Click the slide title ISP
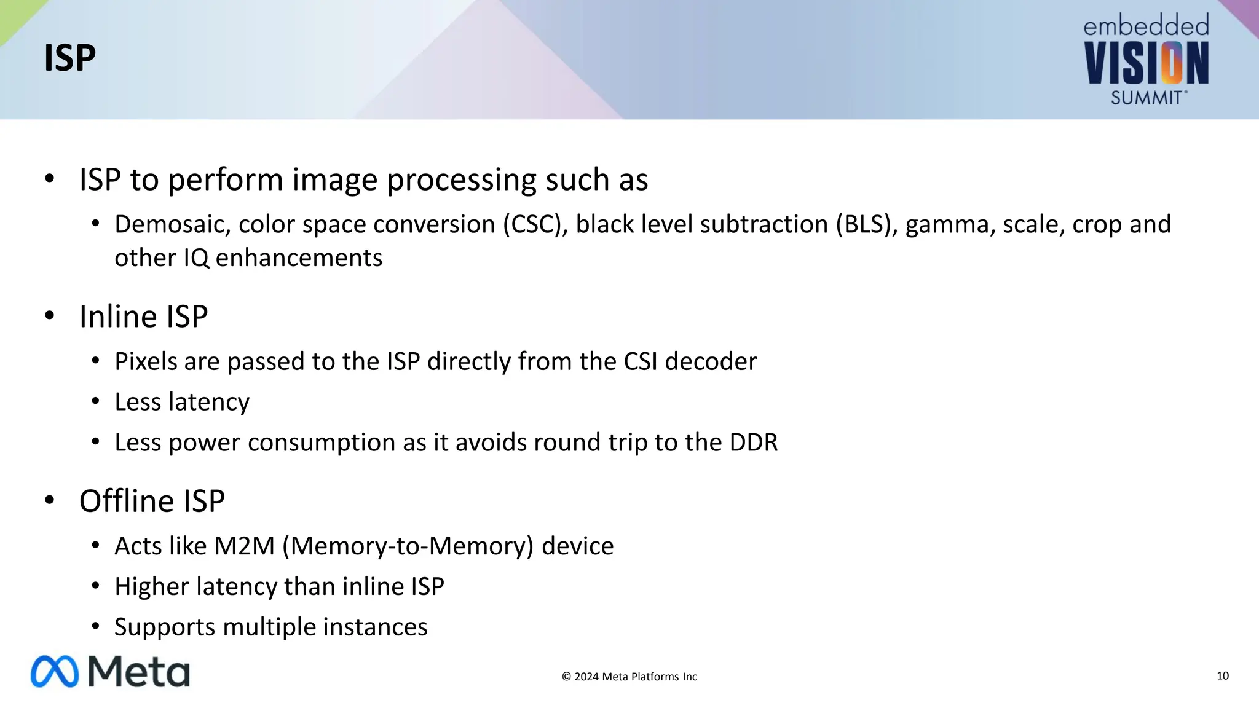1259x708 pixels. pyautogui.click(x=70, y=58)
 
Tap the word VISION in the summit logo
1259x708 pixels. pyautogui.click(x=1147, y=63)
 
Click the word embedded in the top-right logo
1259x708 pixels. pyautogui.click(x=1146, y=26)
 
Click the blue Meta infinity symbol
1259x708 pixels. pyautogui.click(x=55, y=671)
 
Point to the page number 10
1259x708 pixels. pyautogui.click(x=1223, y=676)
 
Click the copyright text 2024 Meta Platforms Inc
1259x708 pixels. pyautogui.click(x=629, y=677)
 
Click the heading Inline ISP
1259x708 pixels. pyautogui.click(x=144, y=317)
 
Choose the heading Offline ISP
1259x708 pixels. pyautogui.click(x=152, y=502)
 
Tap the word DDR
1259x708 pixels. pyautogui.click(x=754, y=442)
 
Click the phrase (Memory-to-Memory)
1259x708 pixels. pyautogui.click(x=408, y=546)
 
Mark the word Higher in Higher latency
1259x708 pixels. pyautogui.click(x=152, y=587)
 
